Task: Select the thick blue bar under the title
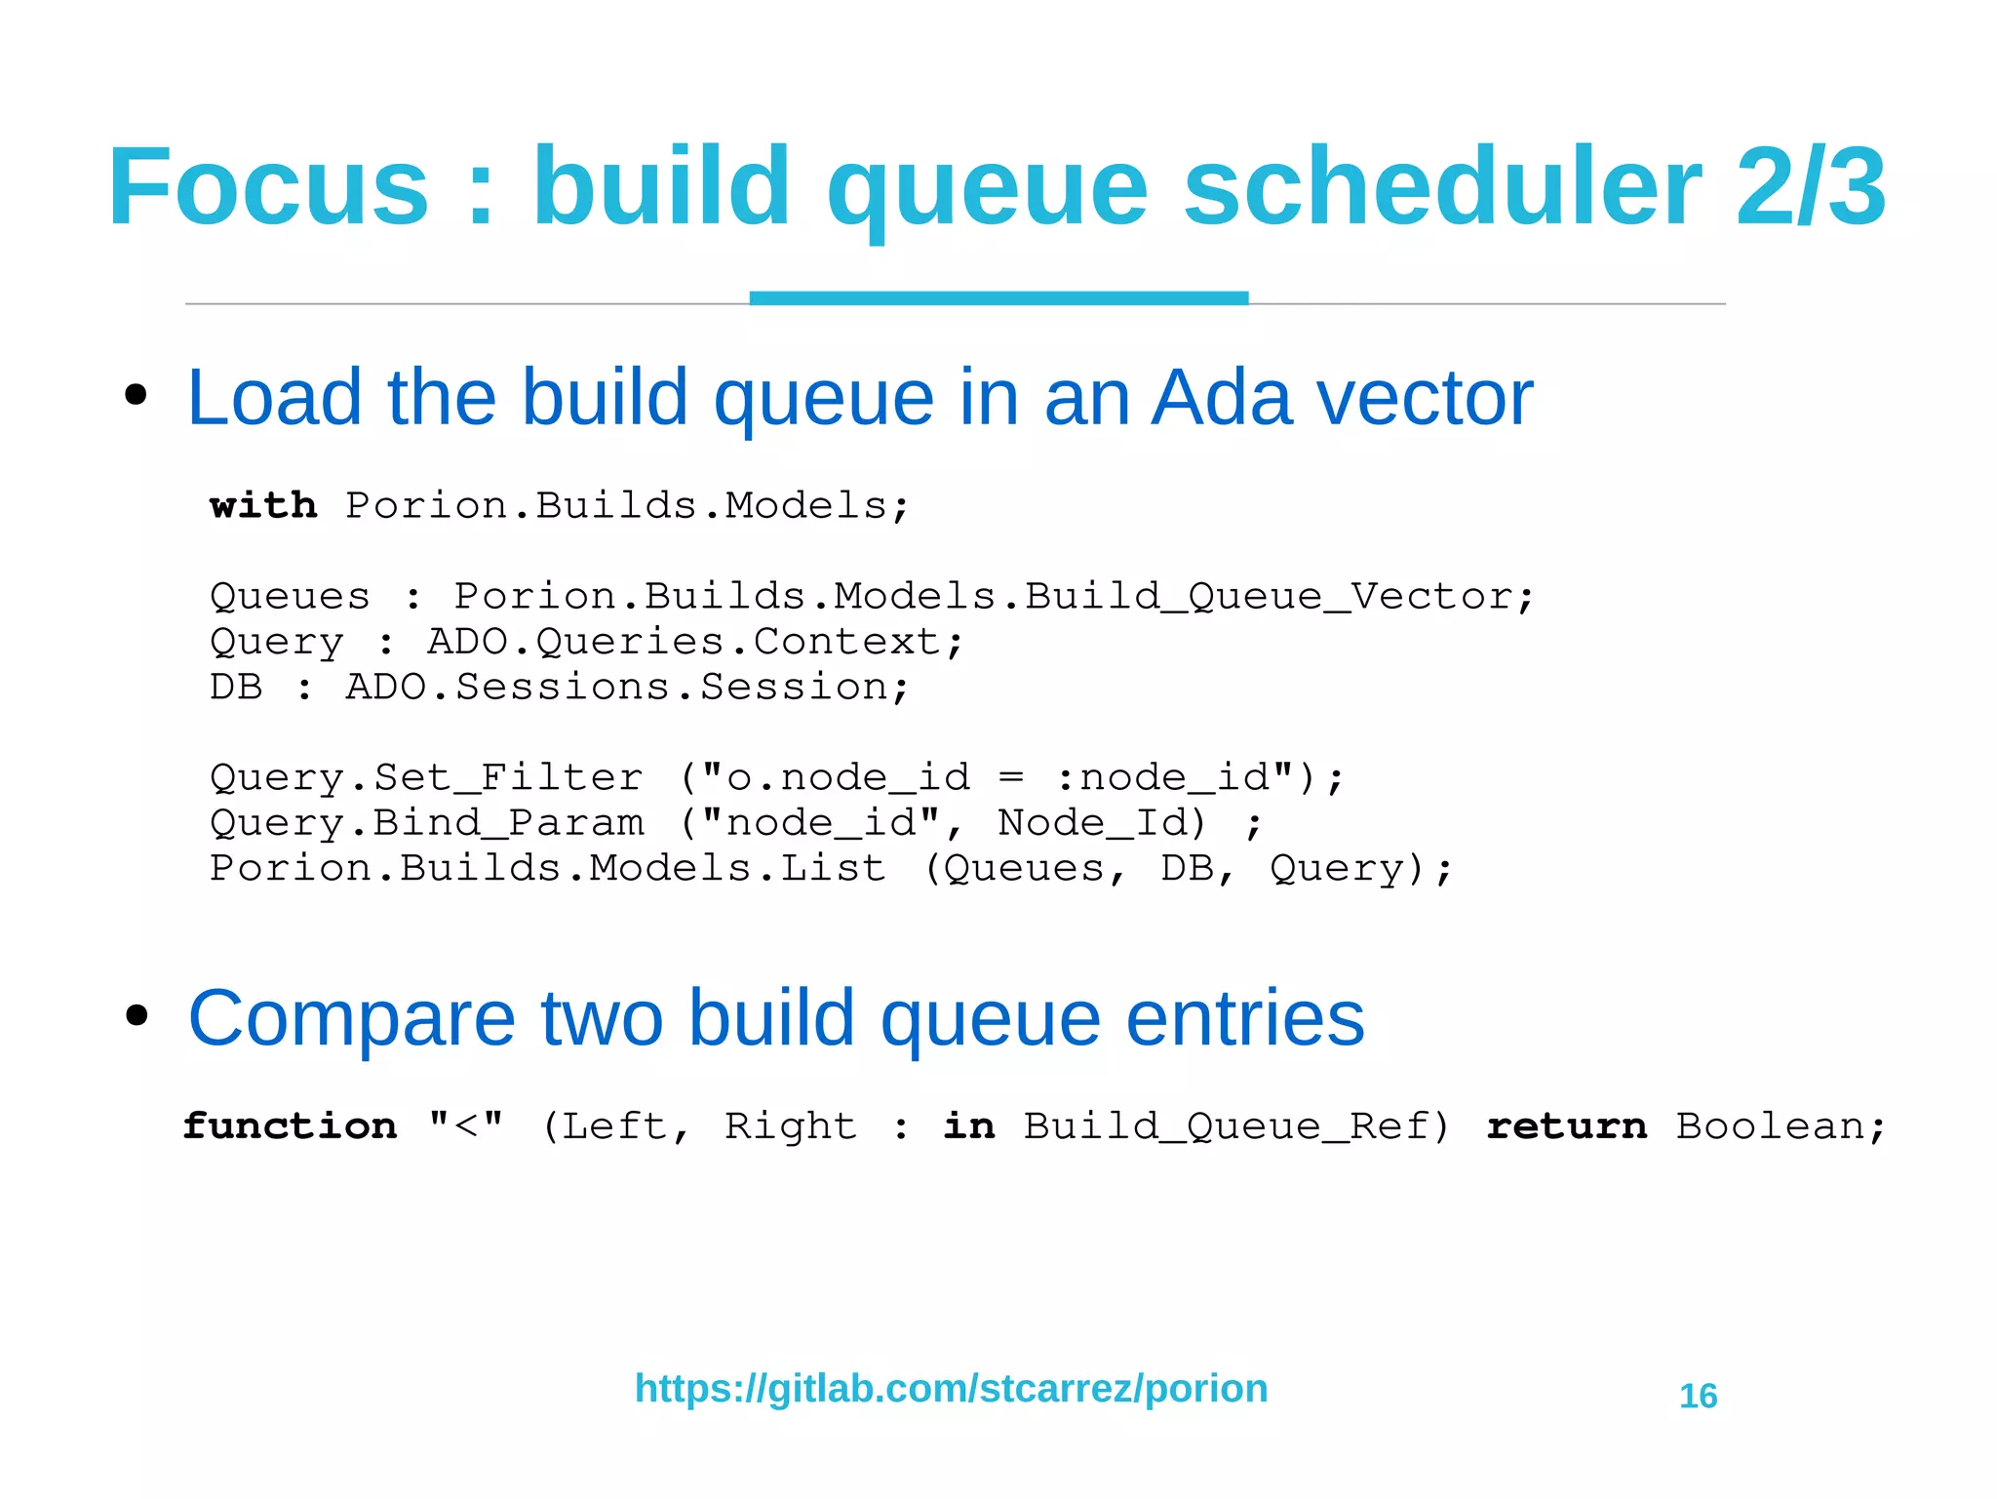click(x=998, y=297)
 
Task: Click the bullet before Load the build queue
click(x=137, y=395)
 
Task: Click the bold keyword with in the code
click(x=263, y=505)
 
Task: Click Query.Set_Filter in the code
click(x=426, y=777)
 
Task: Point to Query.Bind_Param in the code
click(x=426, y=823)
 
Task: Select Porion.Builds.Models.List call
click(x=547, y=868)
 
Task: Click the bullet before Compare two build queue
click(x=137, y=1015)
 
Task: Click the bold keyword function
click(x=290, y=1126)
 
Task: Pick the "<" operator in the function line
click(x=466, y=1125)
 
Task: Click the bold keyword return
click(x=1566, y=1126)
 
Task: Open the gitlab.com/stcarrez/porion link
click(x=951, y=1388)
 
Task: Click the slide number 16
click(x=1698, y=1396)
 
